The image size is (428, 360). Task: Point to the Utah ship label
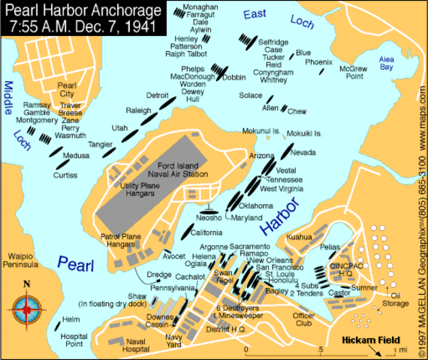pyautogui.click(x=120, y=128)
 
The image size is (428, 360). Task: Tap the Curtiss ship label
pyautogui.click(x=65, y=175)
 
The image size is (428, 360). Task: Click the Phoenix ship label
pyautogui.click(x=319, y=62)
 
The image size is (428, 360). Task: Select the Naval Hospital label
pyautogui.click(x=137, y=345)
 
